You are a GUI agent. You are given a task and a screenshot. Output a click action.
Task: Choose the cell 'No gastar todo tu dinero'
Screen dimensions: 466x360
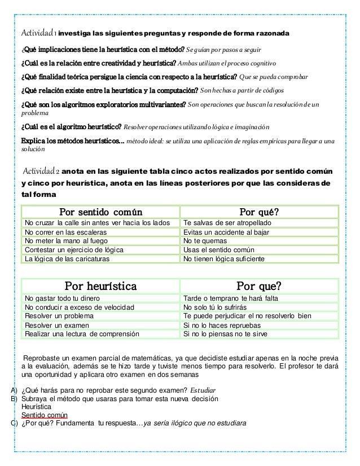(63, 298)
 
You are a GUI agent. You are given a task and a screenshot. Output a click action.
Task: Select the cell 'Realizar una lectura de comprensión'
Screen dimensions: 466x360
(82, 334)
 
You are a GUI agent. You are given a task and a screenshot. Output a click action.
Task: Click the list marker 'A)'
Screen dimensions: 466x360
(7, 389)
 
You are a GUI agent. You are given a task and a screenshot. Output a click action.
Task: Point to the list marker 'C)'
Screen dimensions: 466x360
(7, 424)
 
